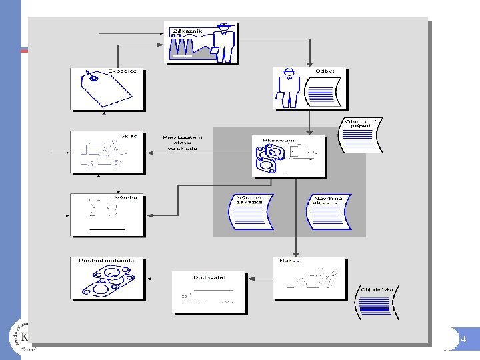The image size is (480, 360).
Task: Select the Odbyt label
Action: (x=325, y=71)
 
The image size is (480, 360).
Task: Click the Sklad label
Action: (x=129, y=136)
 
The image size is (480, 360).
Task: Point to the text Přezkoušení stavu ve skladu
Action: (x=183, y=143)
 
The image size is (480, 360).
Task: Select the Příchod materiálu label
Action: (x=107, y=260)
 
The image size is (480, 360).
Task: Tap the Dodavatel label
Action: (x=209, y=277)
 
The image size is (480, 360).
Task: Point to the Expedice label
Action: (x=122, y=71)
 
